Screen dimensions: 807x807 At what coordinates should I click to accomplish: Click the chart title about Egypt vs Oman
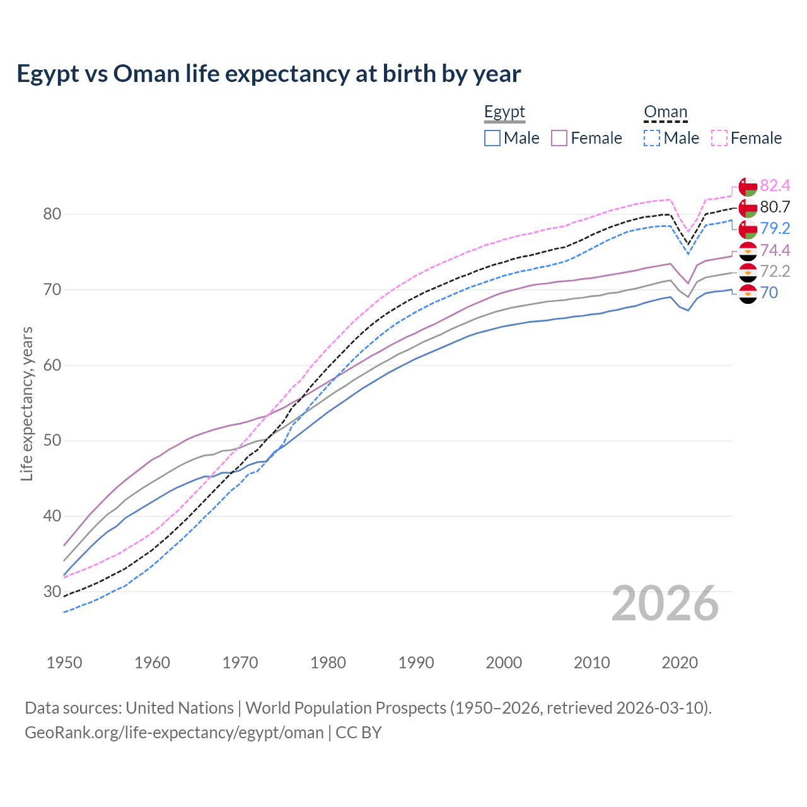269,74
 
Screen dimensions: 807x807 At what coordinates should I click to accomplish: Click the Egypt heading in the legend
504,112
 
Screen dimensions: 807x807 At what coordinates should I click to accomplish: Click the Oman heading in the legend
665,112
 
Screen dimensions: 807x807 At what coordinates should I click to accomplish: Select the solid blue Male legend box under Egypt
492,138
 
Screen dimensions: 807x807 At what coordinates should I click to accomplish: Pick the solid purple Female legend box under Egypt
560,138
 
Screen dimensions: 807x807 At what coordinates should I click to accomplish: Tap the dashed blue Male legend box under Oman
652,138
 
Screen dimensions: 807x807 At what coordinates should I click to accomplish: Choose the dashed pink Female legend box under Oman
719,138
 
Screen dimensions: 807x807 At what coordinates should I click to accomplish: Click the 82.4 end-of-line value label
775,185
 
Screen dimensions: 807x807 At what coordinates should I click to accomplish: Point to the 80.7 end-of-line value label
775,207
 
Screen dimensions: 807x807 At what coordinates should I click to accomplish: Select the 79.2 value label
775,228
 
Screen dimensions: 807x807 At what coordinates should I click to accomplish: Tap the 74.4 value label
775,250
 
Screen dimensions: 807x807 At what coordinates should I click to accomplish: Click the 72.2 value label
775,271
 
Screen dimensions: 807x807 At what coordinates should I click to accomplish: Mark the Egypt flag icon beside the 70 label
748,293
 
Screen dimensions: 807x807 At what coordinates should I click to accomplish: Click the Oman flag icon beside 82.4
748,187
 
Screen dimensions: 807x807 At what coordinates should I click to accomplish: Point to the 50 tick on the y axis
52,440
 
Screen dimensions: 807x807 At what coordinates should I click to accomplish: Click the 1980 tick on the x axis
328,663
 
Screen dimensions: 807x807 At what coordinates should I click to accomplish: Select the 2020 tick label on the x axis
680,663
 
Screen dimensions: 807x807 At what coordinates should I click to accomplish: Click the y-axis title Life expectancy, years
26,403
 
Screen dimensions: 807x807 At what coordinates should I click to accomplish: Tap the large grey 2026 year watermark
665,603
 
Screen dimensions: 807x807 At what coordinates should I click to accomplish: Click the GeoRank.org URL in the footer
174,733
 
